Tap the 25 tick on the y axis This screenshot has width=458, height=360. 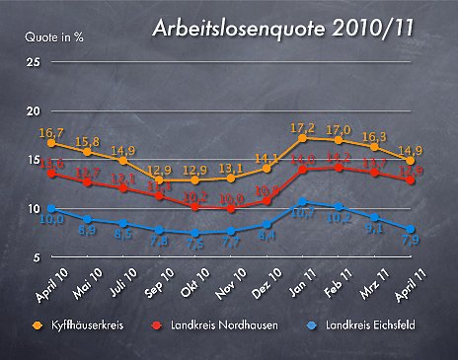pos(34,63)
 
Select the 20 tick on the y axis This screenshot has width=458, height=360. pos(34,111)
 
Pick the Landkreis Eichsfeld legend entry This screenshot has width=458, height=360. pos(369,324)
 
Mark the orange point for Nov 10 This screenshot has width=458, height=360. pos(231,178)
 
